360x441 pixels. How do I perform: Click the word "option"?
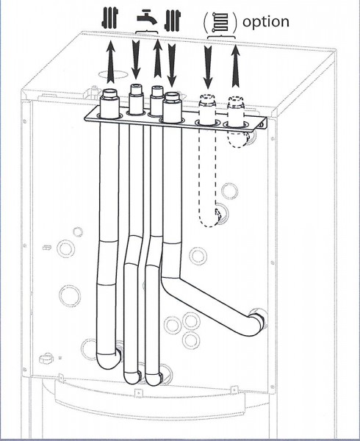tap(265, 22)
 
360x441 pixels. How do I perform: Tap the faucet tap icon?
tap(146, 17)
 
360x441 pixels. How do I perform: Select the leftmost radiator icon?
tap(110, 18)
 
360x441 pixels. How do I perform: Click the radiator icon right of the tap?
tap(172, 21)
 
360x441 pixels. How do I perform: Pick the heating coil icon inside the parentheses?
tap(220, 22)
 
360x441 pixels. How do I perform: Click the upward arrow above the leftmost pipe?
tap(110, 62)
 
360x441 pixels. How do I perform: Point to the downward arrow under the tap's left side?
tap(136, 60)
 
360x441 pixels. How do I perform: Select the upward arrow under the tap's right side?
tap(158, 58)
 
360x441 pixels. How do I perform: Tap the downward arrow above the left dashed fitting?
tap(208, 67)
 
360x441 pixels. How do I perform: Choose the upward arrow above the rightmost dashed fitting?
tap(236, 65)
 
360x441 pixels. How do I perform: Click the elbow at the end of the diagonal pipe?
tap(256, 322)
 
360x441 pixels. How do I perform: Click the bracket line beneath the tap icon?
tap(147, 32)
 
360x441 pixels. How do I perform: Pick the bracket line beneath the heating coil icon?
tap(221, 36)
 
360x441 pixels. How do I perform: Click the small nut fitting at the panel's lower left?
tap(46, 359)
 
